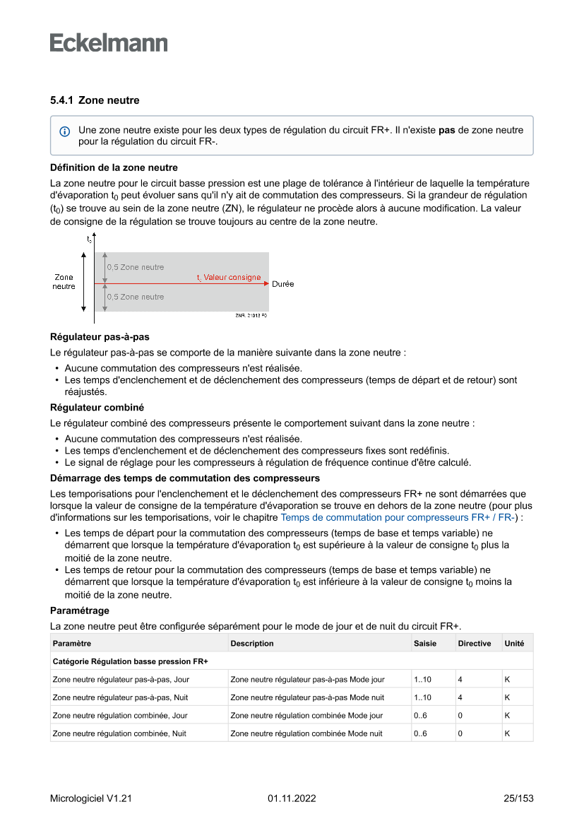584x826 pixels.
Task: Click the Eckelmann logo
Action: click(109, 43)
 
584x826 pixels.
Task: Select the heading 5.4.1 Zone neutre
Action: click(95, 100)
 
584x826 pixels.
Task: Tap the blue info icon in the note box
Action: click(65, 131)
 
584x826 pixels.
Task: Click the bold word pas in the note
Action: click(446, 130)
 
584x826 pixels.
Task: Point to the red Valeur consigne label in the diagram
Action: click(229, 278)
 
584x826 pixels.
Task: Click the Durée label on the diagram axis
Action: click(282, 284)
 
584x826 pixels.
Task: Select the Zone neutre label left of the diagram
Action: click(64, 282)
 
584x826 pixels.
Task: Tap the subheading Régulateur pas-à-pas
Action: click(99, 337)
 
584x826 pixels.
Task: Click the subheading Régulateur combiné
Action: click(97, 408)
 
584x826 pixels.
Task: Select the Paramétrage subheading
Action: click(80, 610)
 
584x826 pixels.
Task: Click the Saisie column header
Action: click(425, 644)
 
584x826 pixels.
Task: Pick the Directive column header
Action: click(474, 644)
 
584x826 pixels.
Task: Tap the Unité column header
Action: click(514, 644)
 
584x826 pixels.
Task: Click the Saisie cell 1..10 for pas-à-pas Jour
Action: click(422, 680)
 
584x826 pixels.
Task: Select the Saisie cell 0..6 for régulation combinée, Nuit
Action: click(420, 733)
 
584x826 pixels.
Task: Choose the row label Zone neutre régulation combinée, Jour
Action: click(120, 716)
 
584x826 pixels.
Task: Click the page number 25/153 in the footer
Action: click(518, 798)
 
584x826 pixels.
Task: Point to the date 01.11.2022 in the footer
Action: click(292, 798)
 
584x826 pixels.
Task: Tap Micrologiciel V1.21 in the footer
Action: click(91, 798)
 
